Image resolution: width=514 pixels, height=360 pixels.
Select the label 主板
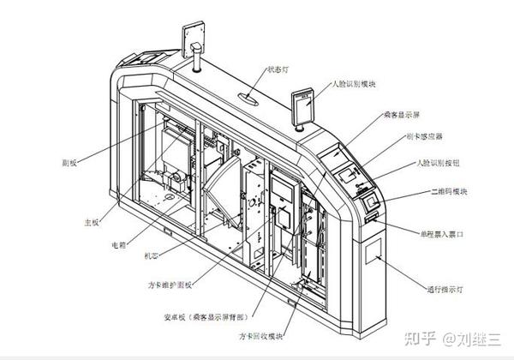coord(91,224)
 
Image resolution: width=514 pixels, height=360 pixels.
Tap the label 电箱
coord(119,243)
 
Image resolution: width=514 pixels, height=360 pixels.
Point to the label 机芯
coord(151,255)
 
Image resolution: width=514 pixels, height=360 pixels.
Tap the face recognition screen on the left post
coord(192,34)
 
